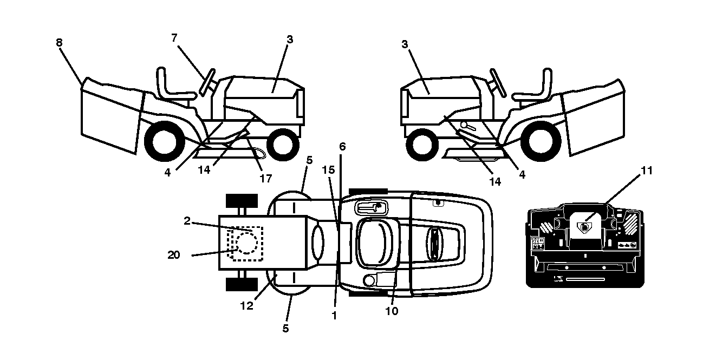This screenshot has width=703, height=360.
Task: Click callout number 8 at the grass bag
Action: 59,42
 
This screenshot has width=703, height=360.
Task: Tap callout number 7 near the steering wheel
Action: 174,38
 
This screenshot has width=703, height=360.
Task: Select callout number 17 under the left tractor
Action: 265,179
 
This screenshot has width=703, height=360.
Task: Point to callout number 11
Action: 647,171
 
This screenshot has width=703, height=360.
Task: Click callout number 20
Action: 173,255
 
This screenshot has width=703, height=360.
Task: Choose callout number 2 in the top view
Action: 187,221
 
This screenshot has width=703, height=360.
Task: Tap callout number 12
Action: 246,306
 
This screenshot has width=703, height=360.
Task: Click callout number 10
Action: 392,311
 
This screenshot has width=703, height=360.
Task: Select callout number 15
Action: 328,170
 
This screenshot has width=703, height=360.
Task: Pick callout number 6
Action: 342,147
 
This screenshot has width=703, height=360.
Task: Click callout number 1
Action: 334,316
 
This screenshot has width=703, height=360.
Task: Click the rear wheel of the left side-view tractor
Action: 164,141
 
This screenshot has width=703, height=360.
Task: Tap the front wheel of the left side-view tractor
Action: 283,144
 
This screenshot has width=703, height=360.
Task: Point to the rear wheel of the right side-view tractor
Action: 541,141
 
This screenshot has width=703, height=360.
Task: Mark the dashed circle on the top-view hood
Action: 247,243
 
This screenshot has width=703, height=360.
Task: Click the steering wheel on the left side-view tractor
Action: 207,82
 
